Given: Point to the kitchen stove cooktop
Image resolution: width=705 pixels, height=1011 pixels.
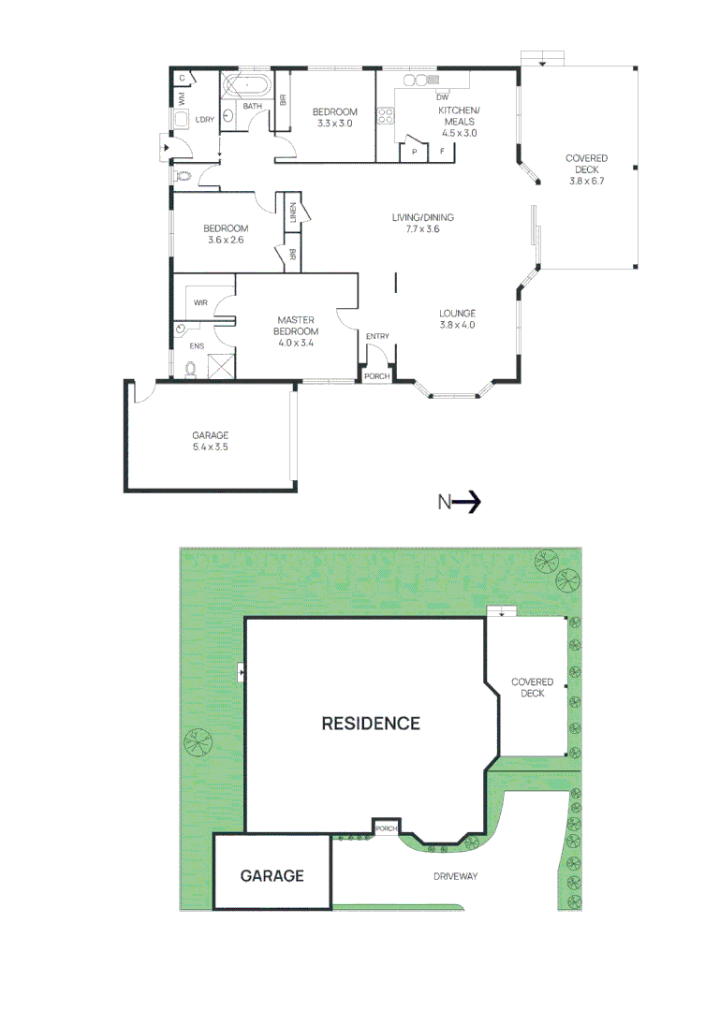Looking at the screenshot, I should [385, 117].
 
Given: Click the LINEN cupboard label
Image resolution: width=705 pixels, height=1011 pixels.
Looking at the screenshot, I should [294, 213].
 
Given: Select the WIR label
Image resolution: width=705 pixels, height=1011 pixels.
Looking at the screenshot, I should [200, 302].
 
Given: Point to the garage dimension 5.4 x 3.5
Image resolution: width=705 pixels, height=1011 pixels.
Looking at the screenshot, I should [211, 447].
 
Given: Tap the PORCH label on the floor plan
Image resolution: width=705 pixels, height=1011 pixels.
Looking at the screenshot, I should [377, 376].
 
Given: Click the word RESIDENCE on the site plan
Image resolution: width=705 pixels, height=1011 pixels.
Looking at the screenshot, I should [371, 724].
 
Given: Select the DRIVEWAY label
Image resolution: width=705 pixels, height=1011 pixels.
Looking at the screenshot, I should [456, 876].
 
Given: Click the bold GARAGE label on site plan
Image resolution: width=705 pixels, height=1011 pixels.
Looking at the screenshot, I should [272, 876].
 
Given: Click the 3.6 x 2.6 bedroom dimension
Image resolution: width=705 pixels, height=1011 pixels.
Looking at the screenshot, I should [226, 241].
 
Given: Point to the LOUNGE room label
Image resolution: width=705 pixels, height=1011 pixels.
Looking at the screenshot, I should [458, 314].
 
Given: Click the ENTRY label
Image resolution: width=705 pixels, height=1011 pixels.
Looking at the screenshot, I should [377, 337].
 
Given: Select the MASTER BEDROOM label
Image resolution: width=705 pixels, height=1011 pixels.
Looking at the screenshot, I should [296, 326].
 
